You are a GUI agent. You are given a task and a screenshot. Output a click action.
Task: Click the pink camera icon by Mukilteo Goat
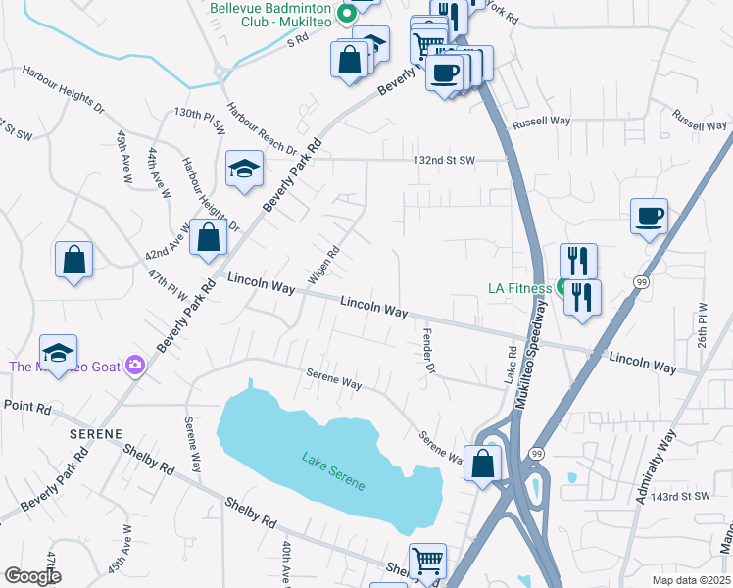click(x=135, y=367)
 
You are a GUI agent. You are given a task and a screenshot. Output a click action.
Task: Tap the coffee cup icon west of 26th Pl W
click(x=649, y=217)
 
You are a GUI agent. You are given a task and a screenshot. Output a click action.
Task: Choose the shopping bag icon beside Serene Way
click(x=482, y=464)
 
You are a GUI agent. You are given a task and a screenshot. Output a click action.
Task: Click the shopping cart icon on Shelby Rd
click(x=427, y=562)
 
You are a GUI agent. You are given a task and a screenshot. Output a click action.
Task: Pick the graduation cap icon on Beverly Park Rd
click(x=244, y=170)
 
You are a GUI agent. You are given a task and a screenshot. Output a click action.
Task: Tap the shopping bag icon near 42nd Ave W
click(x=208, y=237)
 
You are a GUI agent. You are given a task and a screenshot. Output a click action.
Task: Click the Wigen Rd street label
click(x=324, y=265)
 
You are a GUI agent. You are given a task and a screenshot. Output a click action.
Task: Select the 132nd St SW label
click(x=444, y=160)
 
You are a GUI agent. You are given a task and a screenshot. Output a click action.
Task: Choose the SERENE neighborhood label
click(x=95, y=432)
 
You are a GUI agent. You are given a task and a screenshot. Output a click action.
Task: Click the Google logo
click(x=32, y=576)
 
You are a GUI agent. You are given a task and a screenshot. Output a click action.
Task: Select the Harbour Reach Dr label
click(x=260, y=128)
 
